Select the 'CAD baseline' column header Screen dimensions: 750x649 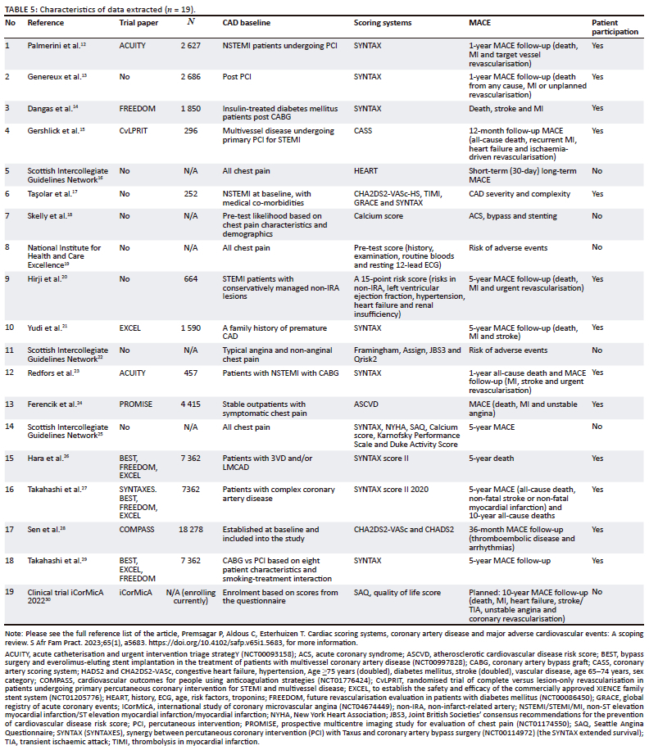point(247,23)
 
